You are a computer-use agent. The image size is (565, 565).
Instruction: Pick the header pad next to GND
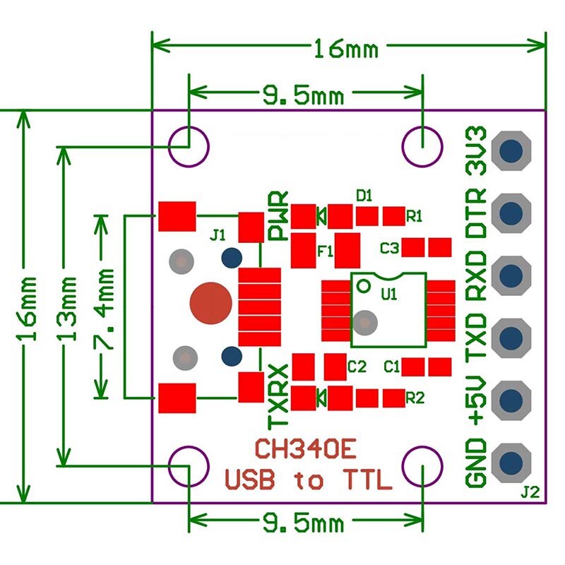pos(513,462)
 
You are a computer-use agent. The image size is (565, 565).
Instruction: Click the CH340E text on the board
pos(306,449)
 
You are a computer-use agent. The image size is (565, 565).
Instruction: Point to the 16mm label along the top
pos(346,49)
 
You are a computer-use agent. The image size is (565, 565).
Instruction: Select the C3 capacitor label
pos(390,248)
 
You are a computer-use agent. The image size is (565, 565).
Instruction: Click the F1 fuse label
pos(326,250)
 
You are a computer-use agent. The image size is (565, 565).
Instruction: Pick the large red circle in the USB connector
pos(210,302)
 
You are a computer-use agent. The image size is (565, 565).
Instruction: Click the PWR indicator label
pos(280,215)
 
